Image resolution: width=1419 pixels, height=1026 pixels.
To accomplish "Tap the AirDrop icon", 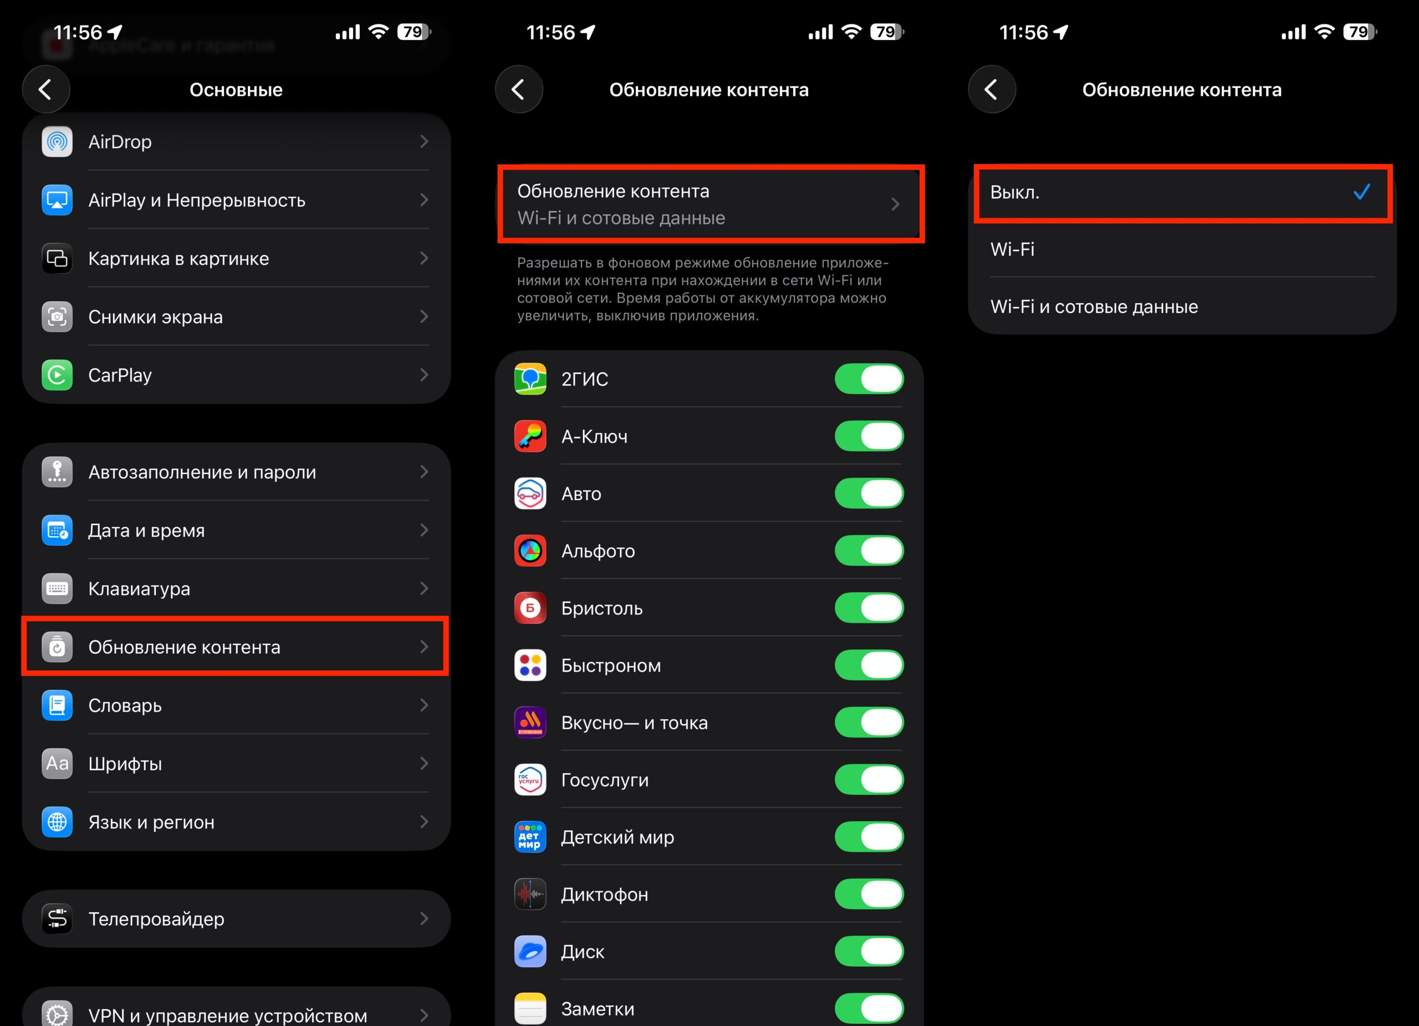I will tap(57, 142).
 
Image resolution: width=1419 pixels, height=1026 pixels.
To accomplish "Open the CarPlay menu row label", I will tap(120, 375).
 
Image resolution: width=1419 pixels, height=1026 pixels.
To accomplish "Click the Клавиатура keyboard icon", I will tap(57, 588).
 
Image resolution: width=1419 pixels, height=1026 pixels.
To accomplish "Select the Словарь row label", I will tap(125, 705).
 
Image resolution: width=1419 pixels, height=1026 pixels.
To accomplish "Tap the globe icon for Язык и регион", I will tap(57, 822).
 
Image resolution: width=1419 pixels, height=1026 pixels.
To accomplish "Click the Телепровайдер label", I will tap(156, 919).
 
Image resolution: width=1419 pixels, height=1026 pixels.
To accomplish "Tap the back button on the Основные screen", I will tap(45, 89).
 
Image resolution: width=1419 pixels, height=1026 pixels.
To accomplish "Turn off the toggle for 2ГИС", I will tap(869, 379).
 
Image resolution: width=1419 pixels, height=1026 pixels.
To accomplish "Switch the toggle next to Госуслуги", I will tap(869, 780).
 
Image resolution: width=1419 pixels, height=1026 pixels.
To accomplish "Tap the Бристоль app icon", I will tap(530, 608).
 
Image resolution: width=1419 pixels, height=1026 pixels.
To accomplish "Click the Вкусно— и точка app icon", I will tap(530, 723).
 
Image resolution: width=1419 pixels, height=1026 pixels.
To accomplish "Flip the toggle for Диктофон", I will tap(869, 895).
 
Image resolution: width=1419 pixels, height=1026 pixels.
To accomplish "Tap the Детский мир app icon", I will tap(530, 837).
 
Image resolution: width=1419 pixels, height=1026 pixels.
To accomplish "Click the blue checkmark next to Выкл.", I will tap(1361, 192).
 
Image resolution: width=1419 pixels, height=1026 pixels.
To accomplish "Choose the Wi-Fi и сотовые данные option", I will tap(1094, 307).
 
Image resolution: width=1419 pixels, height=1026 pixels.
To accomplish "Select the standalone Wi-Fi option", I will tap(1012, 250).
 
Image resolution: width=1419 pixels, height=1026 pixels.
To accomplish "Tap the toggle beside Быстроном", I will tap(869, 666).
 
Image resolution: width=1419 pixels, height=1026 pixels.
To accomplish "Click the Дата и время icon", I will tap(57, 530).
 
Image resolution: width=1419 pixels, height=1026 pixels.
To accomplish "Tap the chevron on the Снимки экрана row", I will tap(424, 317).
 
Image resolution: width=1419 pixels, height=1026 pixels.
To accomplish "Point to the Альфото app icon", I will tap(530, 551).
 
